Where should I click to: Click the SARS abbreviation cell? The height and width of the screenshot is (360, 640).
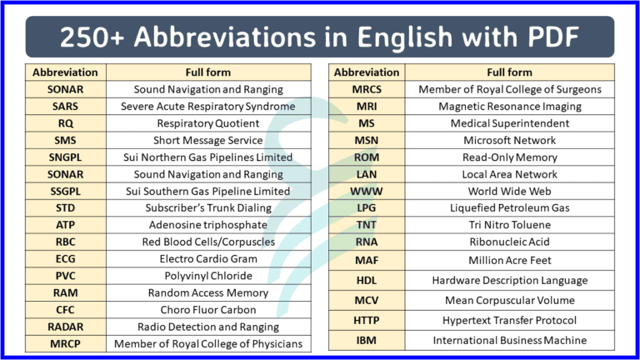(x=66, y=106)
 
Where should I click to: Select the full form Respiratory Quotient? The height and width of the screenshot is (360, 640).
(x=207, y=123)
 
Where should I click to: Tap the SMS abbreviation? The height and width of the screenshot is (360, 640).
(x=66, y=140)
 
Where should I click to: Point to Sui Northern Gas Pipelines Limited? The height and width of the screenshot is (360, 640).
(x=207, y=157)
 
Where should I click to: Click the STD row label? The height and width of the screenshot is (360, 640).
(x=66, y=207)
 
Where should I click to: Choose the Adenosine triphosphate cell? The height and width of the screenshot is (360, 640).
(x=207, y=225)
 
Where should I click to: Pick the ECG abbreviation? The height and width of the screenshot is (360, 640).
(x=66, y=258)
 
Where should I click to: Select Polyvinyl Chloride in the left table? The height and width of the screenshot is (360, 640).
(x=207, y=276)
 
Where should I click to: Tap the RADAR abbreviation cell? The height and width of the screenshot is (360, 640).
(x=66, y=327)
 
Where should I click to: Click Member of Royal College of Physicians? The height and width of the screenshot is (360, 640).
(x=207, y=343)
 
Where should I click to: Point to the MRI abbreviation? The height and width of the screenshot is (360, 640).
(x=367, y=106)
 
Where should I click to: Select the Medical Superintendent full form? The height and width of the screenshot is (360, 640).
(x=509, y=123)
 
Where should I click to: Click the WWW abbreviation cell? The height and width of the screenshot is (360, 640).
(x=367, y=191)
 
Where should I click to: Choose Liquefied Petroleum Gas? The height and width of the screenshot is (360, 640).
(x=509, y=207)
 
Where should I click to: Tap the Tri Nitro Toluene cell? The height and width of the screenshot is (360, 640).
(x=509, y=225)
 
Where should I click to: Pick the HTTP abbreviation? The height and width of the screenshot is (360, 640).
(x=367, y=320)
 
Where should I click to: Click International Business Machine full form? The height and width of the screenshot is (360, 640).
(x=509, y=340)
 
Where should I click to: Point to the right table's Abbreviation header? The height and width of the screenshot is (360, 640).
(x=367, y=72)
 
